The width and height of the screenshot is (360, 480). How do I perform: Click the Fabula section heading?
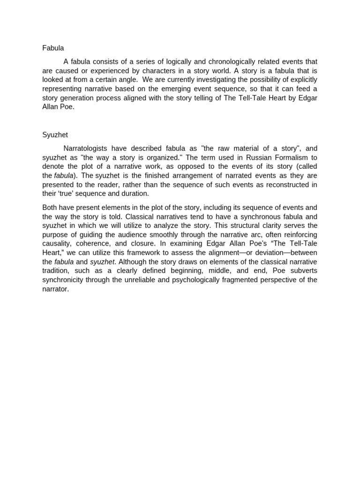pyautogui.click(x=53, y=48)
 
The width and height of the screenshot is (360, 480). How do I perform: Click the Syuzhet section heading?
pyautogui.click(x=55, y=135)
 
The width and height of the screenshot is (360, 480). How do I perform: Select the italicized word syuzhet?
pyautogui.click(x=102, y=261)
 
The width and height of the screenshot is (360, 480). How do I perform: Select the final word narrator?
pyautogui.click(x=55, y=288)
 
